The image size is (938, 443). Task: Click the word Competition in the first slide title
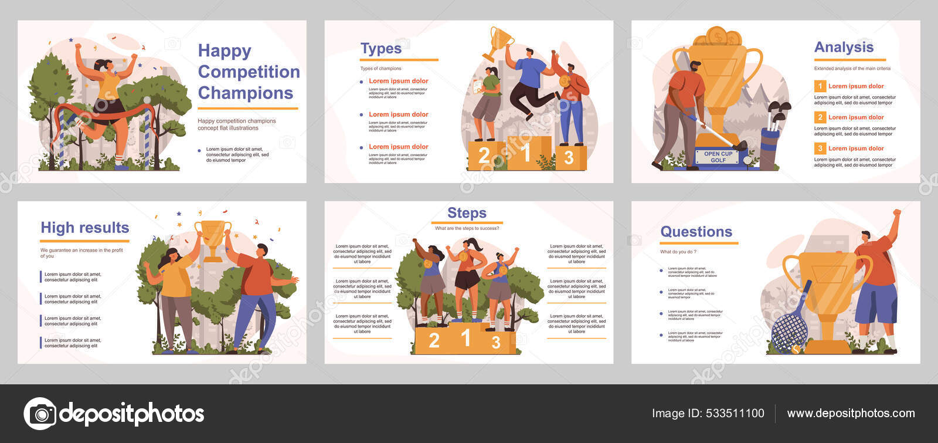point(249,72)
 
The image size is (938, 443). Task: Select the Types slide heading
point(381,49)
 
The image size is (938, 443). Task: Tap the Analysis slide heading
point(844,47)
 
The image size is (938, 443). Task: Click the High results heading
point(85,228)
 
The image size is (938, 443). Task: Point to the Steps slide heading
point(467,213)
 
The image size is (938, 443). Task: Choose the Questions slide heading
point(696,232)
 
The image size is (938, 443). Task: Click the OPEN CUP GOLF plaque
point(718,157)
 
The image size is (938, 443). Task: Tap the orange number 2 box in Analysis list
point(820,117)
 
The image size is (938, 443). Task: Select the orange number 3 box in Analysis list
point(820,148)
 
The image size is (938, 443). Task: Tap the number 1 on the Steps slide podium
point(466,337)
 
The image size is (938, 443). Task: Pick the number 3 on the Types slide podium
point(568,157)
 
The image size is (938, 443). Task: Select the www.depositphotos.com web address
point(851,413)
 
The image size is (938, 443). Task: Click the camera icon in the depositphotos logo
point(40,414)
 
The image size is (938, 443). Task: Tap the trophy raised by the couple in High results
point(212,238)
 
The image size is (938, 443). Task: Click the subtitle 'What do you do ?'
point(678,252)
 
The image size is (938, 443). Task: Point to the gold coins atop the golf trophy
point(717,37)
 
